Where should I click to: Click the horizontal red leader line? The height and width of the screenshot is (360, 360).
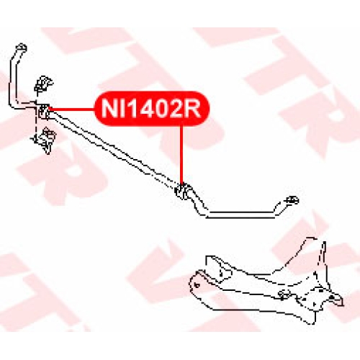[72, 109]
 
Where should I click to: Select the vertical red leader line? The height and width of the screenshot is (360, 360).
[181, 156]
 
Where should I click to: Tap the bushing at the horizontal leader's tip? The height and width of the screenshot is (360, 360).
[43, 112]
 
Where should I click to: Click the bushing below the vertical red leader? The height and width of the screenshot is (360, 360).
[183, 191]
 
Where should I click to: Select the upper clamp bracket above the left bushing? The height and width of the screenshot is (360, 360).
[43, 84]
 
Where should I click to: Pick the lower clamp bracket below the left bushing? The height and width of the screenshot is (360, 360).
[45, 140]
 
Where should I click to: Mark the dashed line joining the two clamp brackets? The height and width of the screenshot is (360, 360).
[37, 115]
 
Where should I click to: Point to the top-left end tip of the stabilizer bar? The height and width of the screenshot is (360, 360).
[22, 47]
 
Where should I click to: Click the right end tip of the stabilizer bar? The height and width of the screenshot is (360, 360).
[292, 200]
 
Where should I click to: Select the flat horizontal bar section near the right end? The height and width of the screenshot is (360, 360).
[240, 215]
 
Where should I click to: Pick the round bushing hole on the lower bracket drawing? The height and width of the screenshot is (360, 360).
[284, 294]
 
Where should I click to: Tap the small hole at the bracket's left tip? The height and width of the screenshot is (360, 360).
[197, 285]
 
